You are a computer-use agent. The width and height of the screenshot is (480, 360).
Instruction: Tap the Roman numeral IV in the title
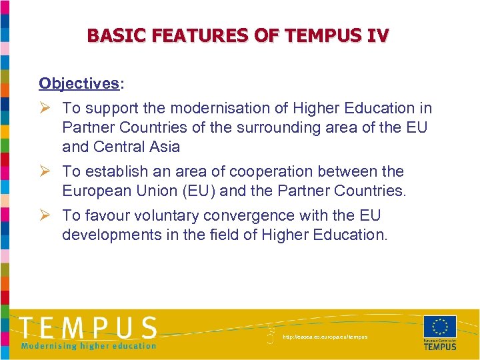[x=375, y=35]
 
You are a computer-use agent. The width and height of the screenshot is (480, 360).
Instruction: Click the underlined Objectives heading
[x=79, y=83]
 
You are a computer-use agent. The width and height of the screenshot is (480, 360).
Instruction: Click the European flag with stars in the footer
[x=440, y=327]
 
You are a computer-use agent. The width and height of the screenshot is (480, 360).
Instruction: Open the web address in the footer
[x=325, y=337]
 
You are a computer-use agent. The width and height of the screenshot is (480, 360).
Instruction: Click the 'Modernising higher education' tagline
[x=89, y=345]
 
